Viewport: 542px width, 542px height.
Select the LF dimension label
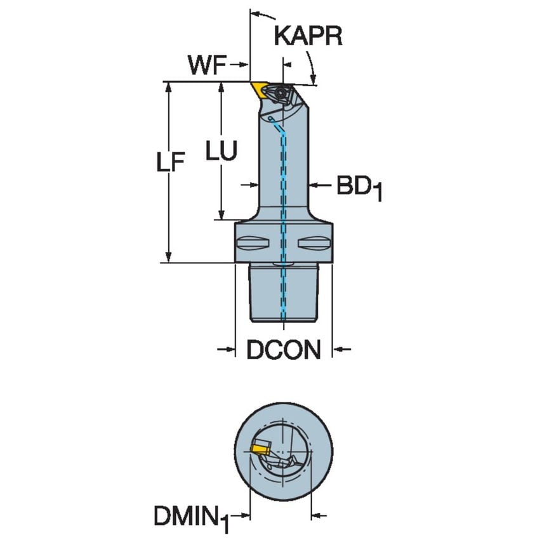[x=170, y=164]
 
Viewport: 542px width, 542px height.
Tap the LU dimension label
[x=221, y=151]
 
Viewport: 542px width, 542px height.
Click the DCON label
[x=283, y=350]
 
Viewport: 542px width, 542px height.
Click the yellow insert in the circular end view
[x=258, y=448]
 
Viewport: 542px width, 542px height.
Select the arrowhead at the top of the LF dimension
[x=169, y=87]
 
